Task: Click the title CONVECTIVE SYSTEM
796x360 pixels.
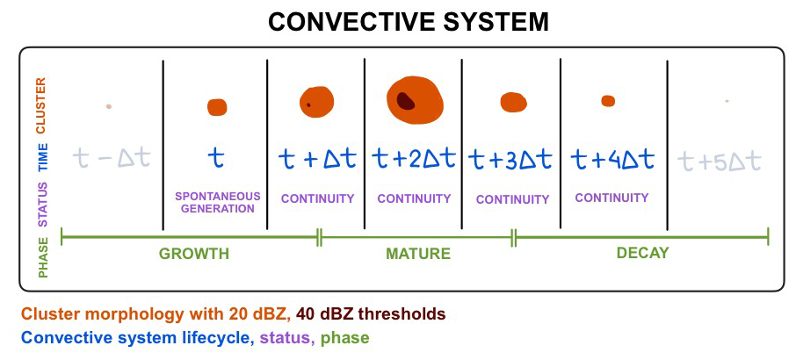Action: coord(398,21)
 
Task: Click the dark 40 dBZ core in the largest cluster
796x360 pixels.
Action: coord(405,100)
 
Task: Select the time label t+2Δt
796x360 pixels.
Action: coord(413,158)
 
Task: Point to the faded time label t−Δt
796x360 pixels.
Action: coord(112,158)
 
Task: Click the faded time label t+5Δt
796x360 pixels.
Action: coord(720,162)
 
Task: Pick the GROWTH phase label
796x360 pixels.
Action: coord(193,254)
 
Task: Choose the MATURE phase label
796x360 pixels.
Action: coord(418,254)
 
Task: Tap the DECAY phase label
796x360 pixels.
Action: coord(642,253)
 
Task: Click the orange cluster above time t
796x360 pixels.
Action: coord(217,107)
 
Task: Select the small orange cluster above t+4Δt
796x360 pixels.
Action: coord(608,101)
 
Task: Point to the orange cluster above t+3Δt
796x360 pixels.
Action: coord(513,102)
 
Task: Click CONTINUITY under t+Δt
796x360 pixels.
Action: coord(317,198)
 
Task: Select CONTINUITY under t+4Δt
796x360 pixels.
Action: coord(611,198)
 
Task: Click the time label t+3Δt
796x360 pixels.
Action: coord(510,159)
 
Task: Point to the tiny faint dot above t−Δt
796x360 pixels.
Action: coord(108,106)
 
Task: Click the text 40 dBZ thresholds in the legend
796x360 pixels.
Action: coord(371,313)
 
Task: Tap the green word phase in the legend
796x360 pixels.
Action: coord(344,337)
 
